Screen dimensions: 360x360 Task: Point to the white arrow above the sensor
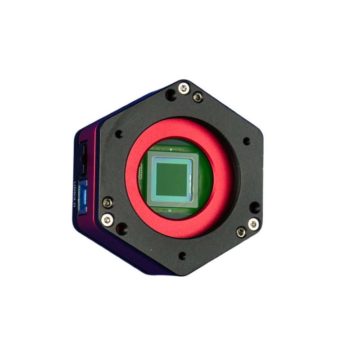pyautogui.click(x=171, y=148)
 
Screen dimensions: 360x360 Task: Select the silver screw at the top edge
pyautogui.click(x=184, y=88)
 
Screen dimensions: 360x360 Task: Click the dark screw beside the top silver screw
pyautogui.click(x=198, y=97)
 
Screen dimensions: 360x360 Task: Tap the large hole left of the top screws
pyautogui.click(x=170, y=95)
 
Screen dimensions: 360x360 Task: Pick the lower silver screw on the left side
pyautogui.click(x=108, y=220)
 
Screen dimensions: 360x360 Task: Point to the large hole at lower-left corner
pyautogui.click(x=121, y=229)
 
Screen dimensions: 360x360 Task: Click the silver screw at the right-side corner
pyautogui.click(x=254, y=223)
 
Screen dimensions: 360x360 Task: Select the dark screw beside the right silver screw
pyautogui.click(x=241, y=232)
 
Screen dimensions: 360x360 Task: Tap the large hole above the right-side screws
pyautogui.click(x=254, y=207)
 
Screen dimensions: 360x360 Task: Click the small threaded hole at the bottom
pyautogui.click(x=182, y=256)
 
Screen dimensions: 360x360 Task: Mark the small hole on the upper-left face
pyautogui.click(x=119, y=134)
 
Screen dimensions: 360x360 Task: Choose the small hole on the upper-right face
pyautogui.click(x=247, y=141)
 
